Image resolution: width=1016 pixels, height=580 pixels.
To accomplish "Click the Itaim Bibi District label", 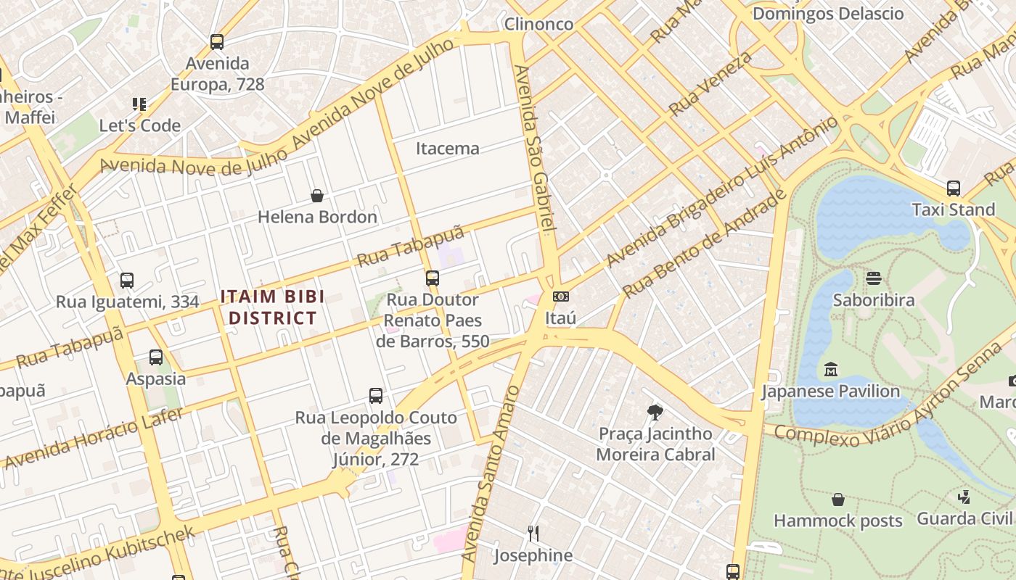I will point(272,307).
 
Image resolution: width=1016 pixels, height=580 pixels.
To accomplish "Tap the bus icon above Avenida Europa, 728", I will point(217,42).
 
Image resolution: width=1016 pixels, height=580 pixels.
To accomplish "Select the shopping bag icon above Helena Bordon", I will point(317,196).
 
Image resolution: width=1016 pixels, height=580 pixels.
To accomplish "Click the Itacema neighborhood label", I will point(447,149).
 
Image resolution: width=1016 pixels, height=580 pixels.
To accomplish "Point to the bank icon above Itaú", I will point(560,297).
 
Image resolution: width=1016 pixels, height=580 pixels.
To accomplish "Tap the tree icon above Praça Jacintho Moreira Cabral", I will point(655,413).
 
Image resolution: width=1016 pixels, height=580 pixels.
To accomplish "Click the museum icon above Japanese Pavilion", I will point(830,370).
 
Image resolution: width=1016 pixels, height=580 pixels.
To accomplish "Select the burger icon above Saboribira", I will point(873,278).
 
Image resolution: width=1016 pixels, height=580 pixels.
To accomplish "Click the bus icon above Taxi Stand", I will point(953,188).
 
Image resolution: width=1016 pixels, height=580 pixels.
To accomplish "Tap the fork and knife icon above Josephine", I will point(533,534).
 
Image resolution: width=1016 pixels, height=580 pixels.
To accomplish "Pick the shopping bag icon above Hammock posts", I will point(837,500).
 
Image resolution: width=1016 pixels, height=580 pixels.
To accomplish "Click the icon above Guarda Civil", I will point(964,497).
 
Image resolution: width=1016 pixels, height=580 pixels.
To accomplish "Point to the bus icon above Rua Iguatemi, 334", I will point(127,280).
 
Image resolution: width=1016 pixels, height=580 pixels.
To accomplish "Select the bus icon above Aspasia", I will point(156,357).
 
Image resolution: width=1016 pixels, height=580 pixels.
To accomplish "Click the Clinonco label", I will point(538,24).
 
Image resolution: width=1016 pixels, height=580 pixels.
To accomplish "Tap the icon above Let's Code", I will point(139,104).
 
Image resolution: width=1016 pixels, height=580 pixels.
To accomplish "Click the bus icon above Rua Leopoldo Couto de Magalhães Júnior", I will point(375,396).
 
